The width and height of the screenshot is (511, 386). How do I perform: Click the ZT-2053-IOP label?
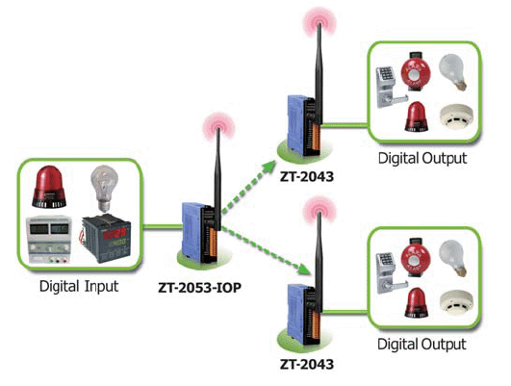199,288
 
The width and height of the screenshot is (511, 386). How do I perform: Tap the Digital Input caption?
79,287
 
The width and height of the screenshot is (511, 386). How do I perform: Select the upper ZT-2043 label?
307,176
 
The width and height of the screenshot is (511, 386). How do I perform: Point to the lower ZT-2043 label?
307,364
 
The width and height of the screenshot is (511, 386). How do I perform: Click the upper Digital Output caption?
422,159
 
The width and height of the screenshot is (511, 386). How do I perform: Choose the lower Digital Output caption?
422,345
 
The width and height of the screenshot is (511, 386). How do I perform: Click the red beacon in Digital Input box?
49,187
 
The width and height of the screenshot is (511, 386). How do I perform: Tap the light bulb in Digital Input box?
104,189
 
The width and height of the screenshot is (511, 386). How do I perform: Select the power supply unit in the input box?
49,240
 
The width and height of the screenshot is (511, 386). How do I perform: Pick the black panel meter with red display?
106,239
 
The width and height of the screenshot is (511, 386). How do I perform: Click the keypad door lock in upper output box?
390,87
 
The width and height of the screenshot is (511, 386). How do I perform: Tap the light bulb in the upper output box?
453,72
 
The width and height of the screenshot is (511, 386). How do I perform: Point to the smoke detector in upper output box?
456,117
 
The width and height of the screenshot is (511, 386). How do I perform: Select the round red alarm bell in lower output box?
416,259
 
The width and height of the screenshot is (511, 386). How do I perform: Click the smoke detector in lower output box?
456,302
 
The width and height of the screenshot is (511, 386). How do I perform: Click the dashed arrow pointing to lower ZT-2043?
265,250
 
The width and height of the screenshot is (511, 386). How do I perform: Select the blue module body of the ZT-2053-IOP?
192,231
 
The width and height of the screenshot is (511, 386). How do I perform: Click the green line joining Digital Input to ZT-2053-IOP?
163,226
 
